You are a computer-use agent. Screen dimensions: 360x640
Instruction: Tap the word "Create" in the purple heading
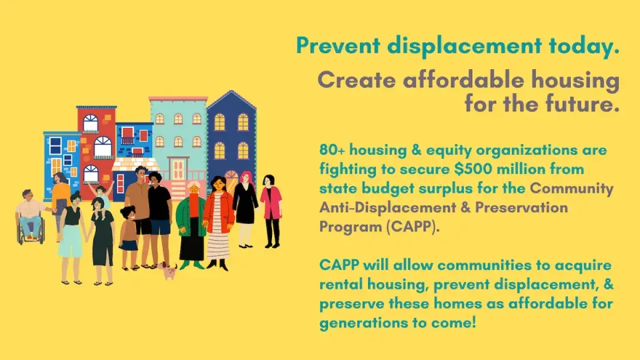click(357, 81)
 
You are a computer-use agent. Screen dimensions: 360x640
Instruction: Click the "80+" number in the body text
click(332, 150)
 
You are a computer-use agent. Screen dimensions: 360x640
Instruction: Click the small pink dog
click(170, 270)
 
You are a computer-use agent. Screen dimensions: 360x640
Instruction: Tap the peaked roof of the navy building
click(231, 99)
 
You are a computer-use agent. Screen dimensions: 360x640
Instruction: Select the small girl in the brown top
click(128, 237)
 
